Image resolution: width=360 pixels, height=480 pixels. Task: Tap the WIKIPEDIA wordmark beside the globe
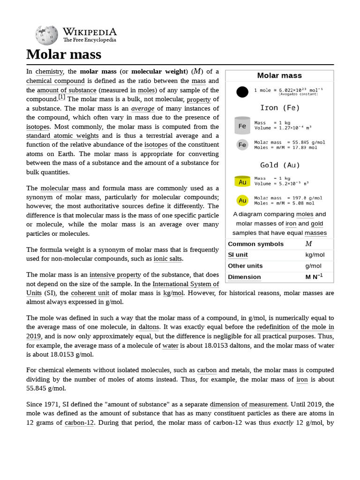90,32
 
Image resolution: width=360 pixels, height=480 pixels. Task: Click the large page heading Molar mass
64,54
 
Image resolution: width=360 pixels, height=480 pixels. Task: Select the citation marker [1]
61,97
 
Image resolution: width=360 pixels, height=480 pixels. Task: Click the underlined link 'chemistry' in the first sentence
49,72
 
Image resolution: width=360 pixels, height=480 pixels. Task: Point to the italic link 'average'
142,108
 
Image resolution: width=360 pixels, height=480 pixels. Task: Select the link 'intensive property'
115,275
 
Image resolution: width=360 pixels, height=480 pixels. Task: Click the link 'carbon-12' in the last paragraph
77,422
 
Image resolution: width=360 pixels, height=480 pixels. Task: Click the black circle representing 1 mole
242,92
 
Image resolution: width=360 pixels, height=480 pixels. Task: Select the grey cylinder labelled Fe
242,126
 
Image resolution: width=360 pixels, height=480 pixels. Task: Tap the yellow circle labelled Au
242,201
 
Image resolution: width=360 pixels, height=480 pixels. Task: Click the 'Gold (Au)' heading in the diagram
280,165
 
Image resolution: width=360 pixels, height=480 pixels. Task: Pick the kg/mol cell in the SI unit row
315,255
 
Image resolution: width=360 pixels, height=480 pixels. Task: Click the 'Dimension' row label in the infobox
244,277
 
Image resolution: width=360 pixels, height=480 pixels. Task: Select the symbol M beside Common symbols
308,244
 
